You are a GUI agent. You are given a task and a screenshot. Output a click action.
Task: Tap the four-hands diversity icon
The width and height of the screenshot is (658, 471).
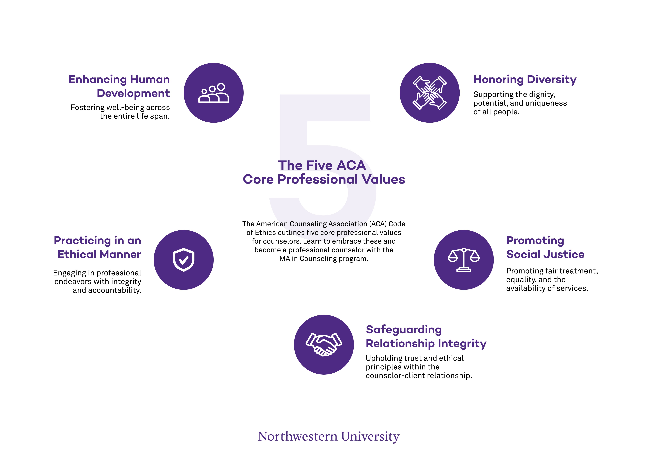[430, 93]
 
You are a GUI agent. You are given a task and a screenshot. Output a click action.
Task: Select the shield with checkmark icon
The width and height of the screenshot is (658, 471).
[184, 260]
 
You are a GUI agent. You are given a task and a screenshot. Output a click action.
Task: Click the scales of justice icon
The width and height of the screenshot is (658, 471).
[464, 260]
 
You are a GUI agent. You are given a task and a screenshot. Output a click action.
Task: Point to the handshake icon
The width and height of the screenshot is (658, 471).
[324, 344]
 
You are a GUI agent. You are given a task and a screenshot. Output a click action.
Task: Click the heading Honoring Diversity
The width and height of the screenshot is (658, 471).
[525, 79]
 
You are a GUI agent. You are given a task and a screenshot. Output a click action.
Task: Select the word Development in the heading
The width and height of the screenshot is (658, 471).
[133, 93]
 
